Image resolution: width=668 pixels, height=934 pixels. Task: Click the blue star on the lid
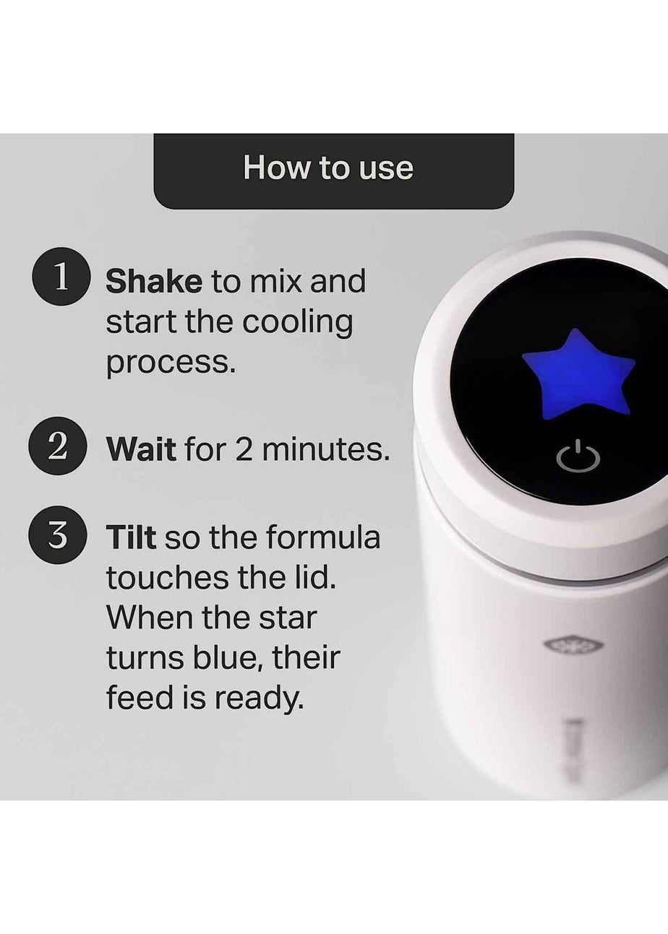[x=578, y=372]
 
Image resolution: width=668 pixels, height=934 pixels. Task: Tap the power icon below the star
[x=578, y=458]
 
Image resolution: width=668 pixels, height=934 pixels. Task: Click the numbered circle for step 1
[x=61, y=278]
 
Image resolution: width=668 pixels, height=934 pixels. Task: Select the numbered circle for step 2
[x=58, y=446]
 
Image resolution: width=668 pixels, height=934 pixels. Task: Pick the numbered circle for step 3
[x=58, y=536]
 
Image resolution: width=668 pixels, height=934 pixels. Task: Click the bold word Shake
[x=153, y=282]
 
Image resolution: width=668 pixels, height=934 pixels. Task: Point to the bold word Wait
[x=140, y=450]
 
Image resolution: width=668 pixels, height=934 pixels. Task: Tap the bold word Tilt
[x=131, y=538]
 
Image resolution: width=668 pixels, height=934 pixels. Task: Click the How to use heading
[x=328, y=168]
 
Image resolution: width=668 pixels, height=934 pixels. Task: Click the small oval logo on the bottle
[x=563, y=644]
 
